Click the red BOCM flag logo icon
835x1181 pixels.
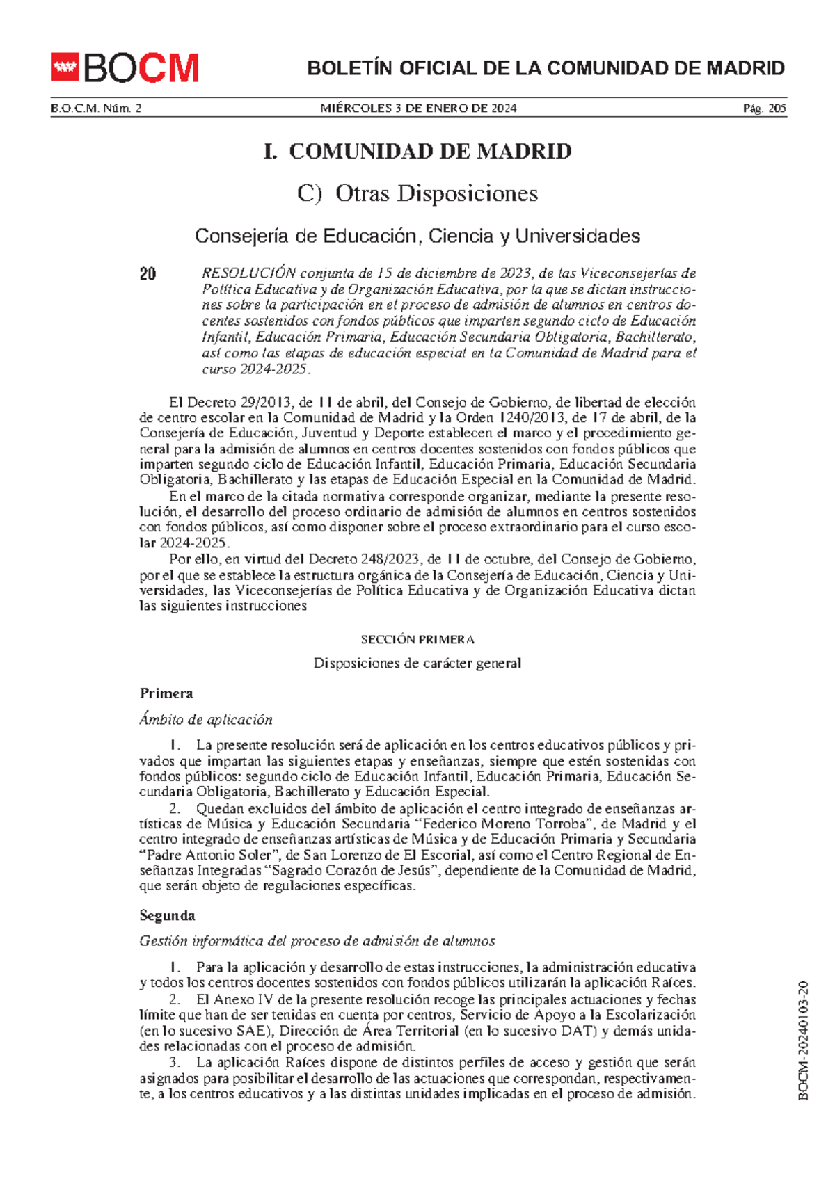coord(65,67)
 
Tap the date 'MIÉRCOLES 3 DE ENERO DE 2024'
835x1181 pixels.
coord(417,109)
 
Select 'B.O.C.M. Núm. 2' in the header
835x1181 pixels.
coord(95,109)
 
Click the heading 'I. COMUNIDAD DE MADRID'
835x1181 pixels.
coord(417,152)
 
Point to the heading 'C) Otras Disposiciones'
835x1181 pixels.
coord(417,193)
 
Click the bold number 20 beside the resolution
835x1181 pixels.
coord(148,274)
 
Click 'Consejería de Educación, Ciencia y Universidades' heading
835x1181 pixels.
coord(417,236)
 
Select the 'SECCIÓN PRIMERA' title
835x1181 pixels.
coord(417,639)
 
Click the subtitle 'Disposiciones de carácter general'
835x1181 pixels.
coord(417,664)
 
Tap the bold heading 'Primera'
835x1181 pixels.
coord(166,694)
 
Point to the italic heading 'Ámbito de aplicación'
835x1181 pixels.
coord(206,720)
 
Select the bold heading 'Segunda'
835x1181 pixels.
coord(167,915)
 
